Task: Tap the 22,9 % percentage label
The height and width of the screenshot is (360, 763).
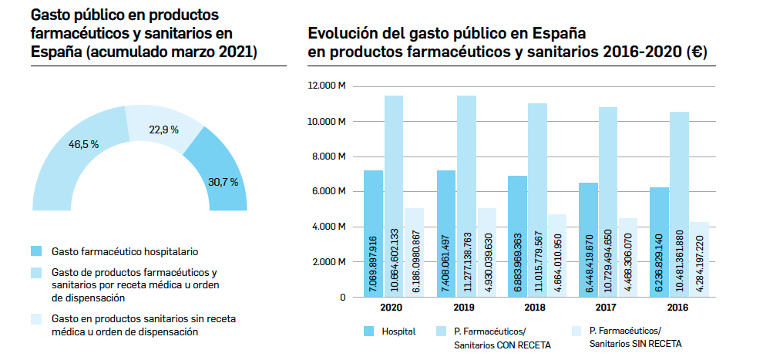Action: coord(163,130)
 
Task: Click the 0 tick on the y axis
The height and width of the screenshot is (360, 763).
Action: coord(342,297)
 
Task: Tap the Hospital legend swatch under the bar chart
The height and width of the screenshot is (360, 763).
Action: coord(369,331)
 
